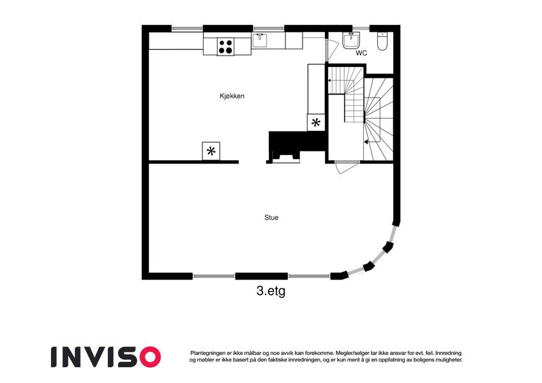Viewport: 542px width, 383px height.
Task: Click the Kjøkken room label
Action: click(x=232, y=96)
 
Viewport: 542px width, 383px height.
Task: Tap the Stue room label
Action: click(x=271, y=218)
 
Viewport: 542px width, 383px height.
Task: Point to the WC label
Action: click(x=361, y=53)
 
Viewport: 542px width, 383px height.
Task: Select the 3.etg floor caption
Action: click(x=271, y=291)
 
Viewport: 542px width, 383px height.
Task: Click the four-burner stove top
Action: click(x=225, y=47)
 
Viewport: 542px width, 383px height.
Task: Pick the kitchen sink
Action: click(x=260, y=40)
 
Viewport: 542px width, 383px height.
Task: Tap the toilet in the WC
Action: click(x=382, y=41)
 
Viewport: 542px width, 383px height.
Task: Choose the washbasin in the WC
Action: click(x=351, y=40)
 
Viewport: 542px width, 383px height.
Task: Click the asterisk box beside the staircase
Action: click(x=316, y=123)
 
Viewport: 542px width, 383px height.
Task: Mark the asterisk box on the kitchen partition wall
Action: click(x=211, y=151)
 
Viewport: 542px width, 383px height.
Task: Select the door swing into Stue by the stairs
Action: click(x=347, y=167)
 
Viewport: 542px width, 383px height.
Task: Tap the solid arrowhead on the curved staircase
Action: click(x=366, y=141)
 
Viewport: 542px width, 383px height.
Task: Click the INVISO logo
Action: click(x=106, y=357)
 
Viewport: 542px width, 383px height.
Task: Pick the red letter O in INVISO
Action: click(x=149, y=357)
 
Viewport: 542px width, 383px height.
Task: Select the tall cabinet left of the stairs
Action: click(x=316, y=89)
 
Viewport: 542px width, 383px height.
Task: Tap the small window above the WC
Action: click(x=361, y=28)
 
